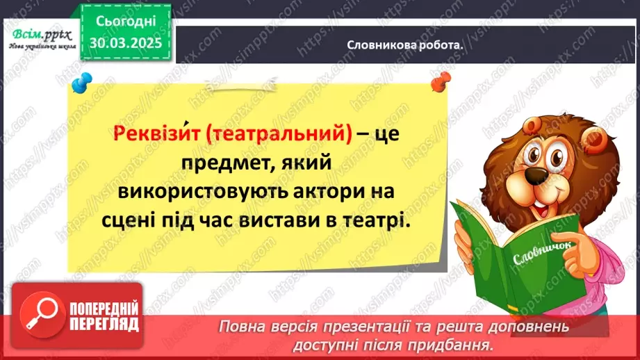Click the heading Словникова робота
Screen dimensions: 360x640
[x=405, y=45]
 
